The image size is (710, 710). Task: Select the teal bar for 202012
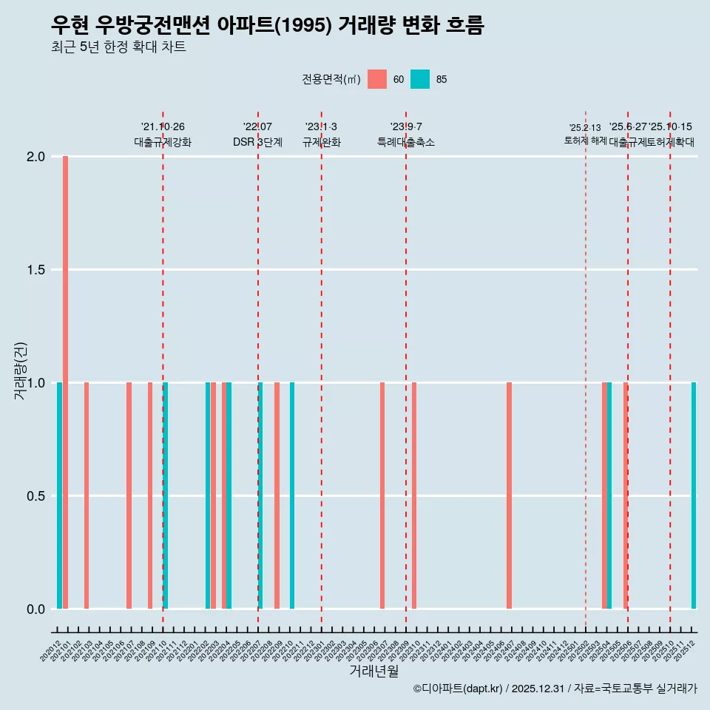click(59, 496)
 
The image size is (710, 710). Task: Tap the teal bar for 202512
click(694, 496)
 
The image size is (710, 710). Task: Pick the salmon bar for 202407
click(509, 496)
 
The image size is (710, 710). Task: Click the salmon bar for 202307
click(382, 496)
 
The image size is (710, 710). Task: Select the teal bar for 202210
click(292, 496)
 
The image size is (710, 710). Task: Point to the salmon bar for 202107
click(129, 496)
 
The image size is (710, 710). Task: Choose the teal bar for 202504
click(609, 496)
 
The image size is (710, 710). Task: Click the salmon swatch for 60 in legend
click(377, 79)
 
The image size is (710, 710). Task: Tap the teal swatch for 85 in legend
click(420, 79)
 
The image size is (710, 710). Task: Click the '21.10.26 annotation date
click(163, 127)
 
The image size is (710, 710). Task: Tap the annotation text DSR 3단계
click(257, 143)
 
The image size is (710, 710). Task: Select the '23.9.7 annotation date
click(406, 127)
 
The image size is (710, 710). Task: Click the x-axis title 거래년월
click(373, 672)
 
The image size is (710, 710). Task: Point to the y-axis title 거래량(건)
click(20, 370)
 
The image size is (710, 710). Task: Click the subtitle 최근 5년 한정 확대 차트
click(118, 47)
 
